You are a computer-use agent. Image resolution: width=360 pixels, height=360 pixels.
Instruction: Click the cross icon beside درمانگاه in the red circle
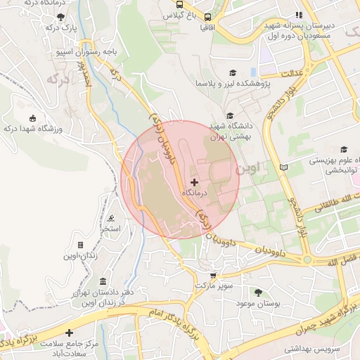tap(195, 182)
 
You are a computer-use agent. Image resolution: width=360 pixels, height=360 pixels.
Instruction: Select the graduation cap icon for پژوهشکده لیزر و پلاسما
tap(233, 72)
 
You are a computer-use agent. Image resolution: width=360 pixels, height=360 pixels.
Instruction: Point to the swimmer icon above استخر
tap(112, 219)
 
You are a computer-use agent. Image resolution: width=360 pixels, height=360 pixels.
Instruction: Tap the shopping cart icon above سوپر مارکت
tap(213, 276)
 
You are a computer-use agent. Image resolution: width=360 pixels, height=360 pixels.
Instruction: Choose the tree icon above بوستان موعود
tap(258, 292)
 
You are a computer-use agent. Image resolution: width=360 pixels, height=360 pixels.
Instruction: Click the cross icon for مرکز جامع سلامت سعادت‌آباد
tap(69, 332)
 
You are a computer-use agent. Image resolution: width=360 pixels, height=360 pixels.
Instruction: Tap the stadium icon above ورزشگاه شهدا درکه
tap(32, 117)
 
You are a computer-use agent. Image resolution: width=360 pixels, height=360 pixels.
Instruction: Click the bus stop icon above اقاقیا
tap(207, 17)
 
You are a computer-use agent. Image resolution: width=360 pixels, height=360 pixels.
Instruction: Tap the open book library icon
tap(283, 167)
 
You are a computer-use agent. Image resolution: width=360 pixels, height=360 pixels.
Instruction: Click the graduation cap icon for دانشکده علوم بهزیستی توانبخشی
tap(344, 149)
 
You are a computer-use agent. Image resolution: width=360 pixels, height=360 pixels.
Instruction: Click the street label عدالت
tap(291, 73)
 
